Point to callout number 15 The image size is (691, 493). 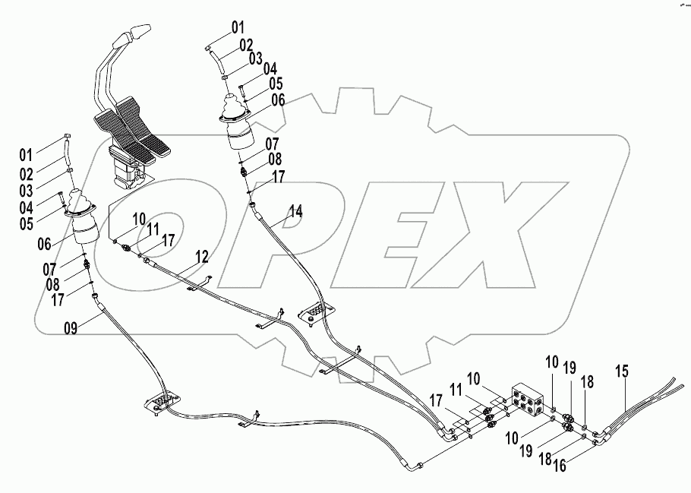point(622,371)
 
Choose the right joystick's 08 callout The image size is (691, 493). point(273,159)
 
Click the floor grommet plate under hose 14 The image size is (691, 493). point(317,312)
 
